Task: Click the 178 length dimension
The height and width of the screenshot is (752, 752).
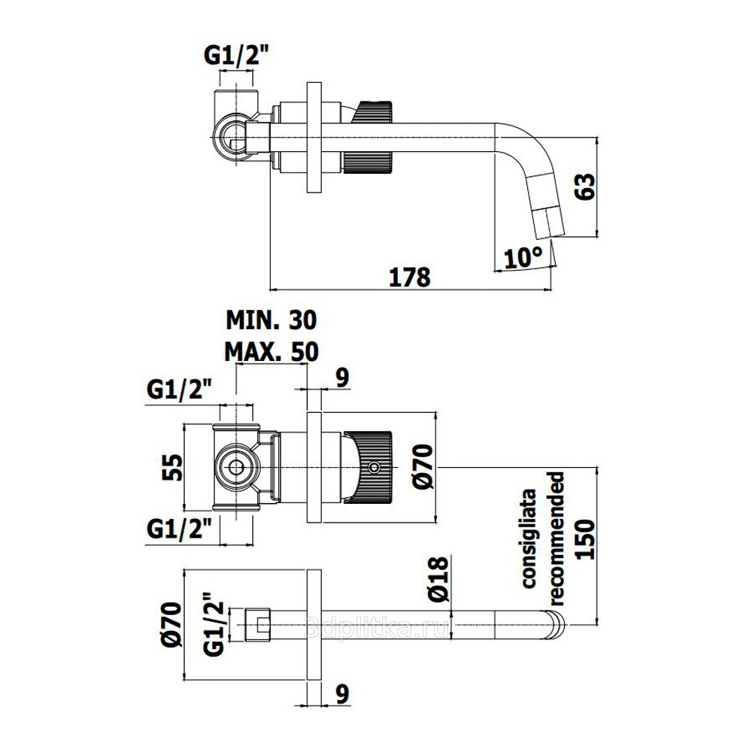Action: [409, 277]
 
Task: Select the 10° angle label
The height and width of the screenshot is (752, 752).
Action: [523, 257]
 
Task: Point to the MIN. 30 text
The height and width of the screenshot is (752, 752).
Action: [271, 320]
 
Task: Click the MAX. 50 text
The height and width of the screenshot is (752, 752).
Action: [271, 351]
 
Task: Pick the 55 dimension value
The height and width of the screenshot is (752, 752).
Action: [173, 467]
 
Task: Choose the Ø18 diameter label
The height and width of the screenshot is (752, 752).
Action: [438, 579]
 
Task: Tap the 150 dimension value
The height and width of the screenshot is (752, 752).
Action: [585, 539]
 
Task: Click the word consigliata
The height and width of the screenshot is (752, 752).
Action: [529, 538]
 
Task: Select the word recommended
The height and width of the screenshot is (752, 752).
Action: [556, 538]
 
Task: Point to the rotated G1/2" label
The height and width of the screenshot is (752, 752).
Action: [214, 624]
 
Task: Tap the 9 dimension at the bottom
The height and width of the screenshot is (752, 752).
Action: [342, 693]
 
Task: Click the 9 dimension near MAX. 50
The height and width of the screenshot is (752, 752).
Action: [342, 378]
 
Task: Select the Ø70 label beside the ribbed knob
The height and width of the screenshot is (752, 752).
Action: [423, 467]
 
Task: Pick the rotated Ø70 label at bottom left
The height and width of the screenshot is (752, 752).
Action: [171, 624]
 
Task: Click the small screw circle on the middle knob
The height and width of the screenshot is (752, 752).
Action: [373, 467]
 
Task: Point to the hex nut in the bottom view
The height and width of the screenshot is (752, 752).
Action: [257, 624]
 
